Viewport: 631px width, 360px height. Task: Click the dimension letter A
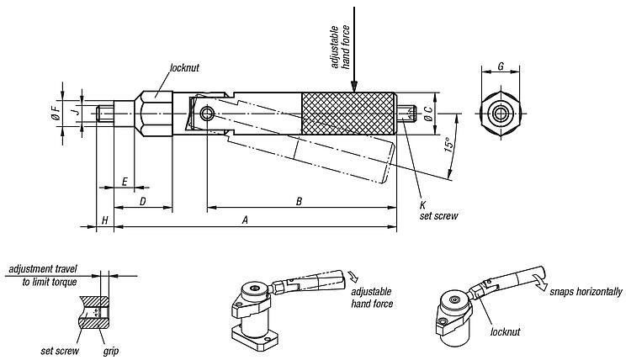click(244, 220)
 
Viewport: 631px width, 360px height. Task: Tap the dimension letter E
click(125, 181)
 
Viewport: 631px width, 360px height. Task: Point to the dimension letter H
click(104, 220)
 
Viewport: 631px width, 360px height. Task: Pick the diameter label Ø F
click(56, 112)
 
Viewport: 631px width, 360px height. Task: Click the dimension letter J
click(75, 111)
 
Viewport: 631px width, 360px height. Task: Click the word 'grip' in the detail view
click(110, 350)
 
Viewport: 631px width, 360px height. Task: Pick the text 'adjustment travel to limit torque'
click(43, 275)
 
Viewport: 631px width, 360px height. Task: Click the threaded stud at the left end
click(106, 113)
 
